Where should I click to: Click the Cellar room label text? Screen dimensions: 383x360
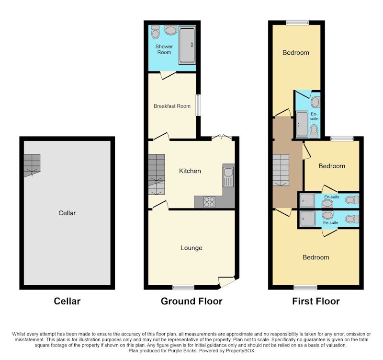pyautogui.click(x=67, y=213)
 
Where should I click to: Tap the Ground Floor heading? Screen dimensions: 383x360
pyautogui.click(x=191, y=301)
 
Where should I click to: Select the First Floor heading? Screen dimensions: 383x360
pyautogui.click(x=316, y=301)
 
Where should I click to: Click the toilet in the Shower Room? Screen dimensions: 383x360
pyautogui.click(x=155, y=32)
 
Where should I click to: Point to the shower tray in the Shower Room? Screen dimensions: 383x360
pyautogui.click(x=187, y=46)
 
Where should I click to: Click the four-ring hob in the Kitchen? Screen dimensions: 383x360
pyautogui.click(x=209, y=202)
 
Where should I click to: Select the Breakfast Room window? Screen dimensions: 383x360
pyautogui.click(x=198, y=105)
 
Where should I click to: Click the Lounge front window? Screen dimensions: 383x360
pyautogui.click(x=183, y=287)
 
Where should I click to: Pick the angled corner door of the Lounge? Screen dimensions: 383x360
pyautogui.click(x=226, y=282)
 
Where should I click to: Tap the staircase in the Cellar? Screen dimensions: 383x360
pyautogui.click(x=32, y=165)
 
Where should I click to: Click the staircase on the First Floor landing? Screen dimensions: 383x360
pyautogui.click(x=281, y=170)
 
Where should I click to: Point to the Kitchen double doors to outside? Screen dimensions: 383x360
pyautogui.click(x=222, y=138)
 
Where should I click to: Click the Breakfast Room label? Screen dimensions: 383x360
pyautogui.click(x=172, y=106)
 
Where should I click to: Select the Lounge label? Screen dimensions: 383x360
pyautogui.click(x=191, y=248)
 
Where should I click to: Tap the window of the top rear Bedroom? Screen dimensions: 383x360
pyautogui.click(x=297, y=23)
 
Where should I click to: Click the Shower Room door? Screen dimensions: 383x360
pyautogui.click(x=168, y=75)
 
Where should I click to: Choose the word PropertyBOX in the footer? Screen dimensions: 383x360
pyautogui.click(x=240, y=351)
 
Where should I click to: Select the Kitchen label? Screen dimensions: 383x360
pyautogui.click(x=190, y=171)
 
